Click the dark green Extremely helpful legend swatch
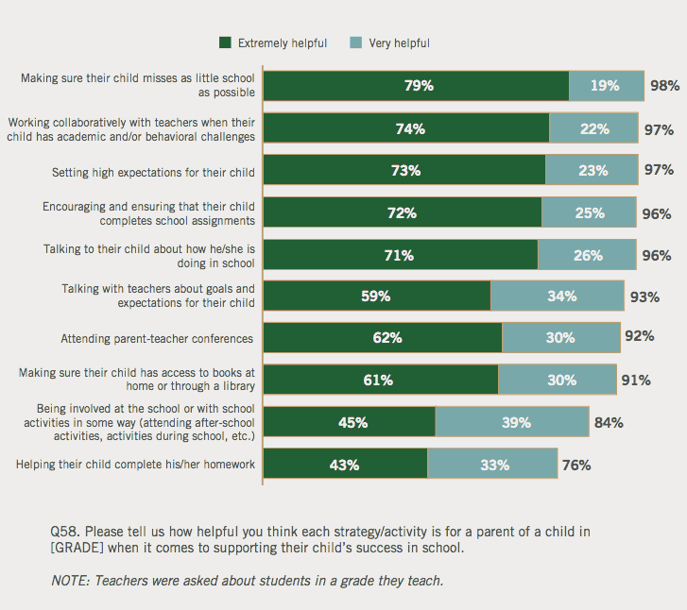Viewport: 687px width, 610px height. (225, 42)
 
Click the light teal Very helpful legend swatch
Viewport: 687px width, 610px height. (355, 42)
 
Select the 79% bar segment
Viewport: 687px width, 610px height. (416, 85)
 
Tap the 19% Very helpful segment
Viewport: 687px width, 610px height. (607, 85)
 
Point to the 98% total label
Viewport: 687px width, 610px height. (664, 85)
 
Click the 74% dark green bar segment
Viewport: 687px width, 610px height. (406, 128)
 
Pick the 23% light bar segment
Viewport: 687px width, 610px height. (591, 170)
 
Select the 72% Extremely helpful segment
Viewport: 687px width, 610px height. (402, 212)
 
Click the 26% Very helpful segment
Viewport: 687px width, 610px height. (587, 255)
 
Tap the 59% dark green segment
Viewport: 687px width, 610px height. (376, 296)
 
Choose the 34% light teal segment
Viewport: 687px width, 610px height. (558, 296)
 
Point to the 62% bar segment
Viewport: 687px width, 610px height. (383, 337)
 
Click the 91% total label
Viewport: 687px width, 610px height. (635, 380)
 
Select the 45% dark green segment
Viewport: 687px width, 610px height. (349, 422)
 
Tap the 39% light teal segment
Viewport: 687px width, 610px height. (512, 422)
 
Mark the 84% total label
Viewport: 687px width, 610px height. (608, 422)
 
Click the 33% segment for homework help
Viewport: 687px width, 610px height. (492, 465)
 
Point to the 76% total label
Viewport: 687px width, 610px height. (575, 465)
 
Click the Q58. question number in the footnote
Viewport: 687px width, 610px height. (66, 531)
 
